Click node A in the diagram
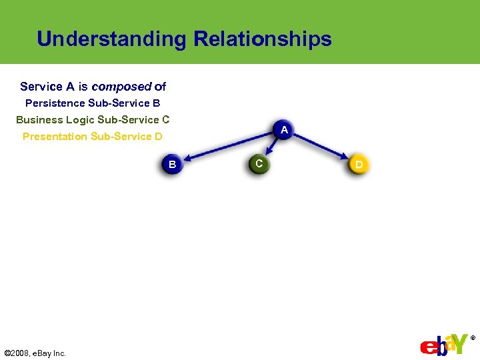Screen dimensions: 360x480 click(284, 130)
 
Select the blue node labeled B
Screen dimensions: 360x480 click(172, 164)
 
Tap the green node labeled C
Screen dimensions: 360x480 click(259, 163)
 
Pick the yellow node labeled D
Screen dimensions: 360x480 click(359, 164)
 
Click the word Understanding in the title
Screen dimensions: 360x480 click(112, 39)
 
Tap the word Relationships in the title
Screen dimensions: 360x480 click(262, 39)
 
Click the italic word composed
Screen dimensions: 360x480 click(121, 87)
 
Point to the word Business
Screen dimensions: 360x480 click(39, 120)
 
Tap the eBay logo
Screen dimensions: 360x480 click(443, 344)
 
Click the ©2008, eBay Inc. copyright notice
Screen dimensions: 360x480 click(35, 353)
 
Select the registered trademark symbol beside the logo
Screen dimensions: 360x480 click(473, 339)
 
